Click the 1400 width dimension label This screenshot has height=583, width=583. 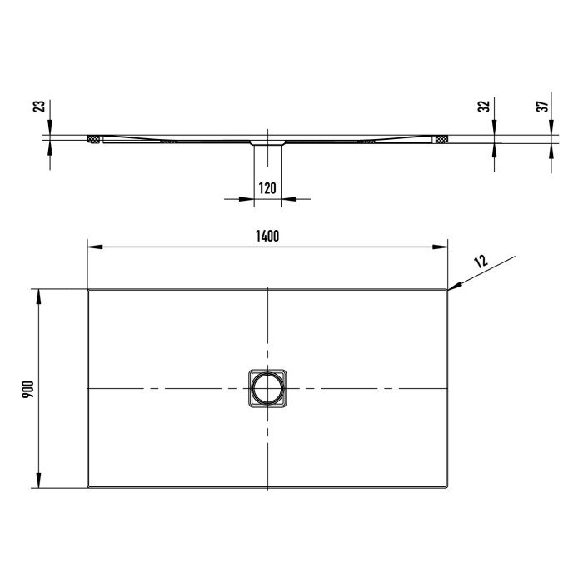267,236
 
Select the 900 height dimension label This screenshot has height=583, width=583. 27,388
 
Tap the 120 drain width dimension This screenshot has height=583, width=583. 267,188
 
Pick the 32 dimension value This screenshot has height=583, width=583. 483,107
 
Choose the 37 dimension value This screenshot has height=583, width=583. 541,107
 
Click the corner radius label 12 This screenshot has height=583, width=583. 480,261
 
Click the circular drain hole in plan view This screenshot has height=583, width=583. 267,389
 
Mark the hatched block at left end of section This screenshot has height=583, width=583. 94,138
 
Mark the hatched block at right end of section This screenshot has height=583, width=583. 441,138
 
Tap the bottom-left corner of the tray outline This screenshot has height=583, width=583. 89,487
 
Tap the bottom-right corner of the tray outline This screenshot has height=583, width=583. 447,487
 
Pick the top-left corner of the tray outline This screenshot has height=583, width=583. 89,290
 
